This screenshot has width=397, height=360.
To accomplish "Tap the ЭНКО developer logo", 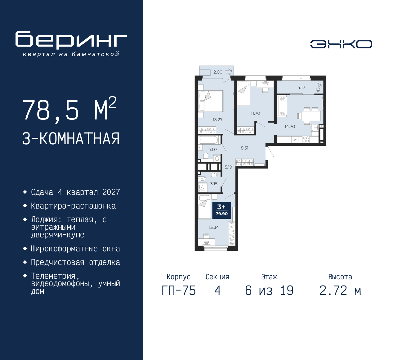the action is click(341, 44).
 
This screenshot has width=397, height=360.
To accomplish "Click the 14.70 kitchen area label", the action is click(290, 127).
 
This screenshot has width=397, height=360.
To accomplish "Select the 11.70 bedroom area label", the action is click(255, 113).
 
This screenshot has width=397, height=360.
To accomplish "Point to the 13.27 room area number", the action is click(217, 119).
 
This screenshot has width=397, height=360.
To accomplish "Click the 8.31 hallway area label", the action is click(244, 148).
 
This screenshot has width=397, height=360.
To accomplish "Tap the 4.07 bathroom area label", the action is click(213, 150).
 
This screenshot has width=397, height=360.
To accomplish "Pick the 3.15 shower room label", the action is click(214, 184).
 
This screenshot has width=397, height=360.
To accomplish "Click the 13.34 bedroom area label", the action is click(214, 227).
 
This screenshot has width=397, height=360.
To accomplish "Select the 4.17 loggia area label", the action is click(301, 87).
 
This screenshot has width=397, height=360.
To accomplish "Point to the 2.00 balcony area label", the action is click(218, 72).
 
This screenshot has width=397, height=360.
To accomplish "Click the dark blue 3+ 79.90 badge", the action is click(222, 210).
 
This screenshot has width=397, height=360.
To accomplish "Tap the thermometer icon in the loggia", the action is click(319, 87).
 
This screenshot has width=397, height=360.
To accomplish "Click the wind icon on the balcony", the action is click(229, 72).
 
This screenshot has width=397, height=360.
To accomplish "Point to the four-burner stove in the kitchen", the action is click(306, 139).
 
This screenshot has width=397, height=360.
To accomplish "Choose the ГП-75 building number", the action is click(179, 291).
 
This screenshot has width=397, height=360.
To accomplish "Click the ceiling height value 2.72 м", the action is click(340, 291).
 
